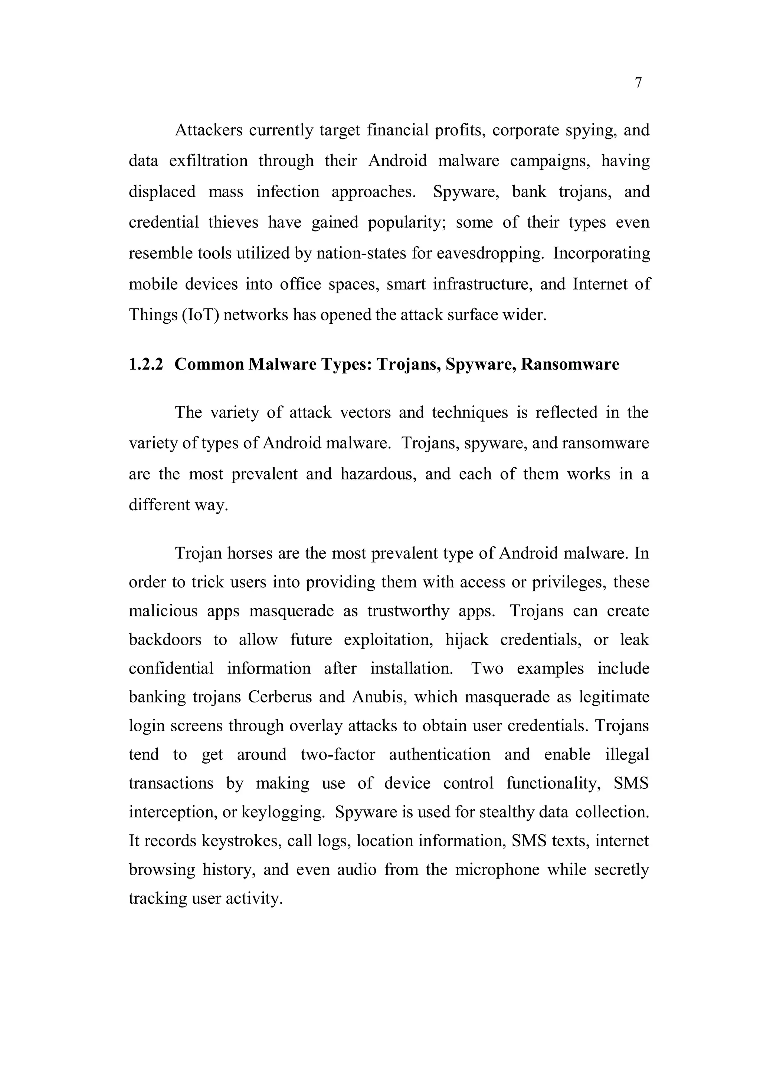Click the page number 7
pos(638,83)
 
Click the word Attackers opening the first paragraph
pos(209,130)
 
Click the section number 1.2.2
pos(146,364)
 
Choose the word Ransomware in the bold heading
pos(570,364)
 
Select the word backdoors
pos(165,639)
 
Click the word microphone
pos(497,870)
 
